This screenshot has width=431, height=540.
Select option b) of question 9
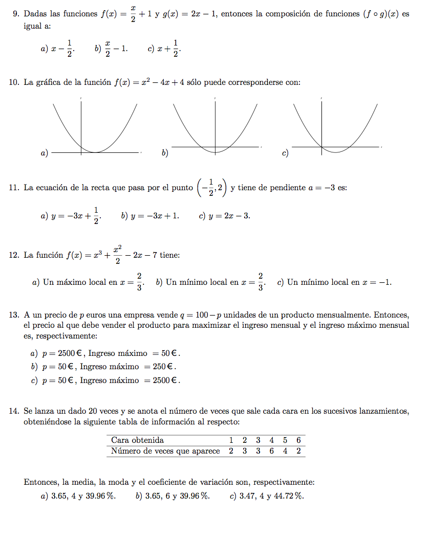click(x=112, y=49)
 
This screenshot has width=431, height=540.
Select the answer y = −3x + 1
click(x=150, y=216)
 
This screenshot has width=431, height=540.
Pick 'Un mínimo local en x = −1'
click(x=335, y=282)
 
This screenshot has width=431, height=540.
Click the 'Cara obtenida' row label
click(x=137, y=440)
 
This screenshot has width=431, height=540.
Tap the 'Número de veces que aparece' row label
click(x=165, y=451)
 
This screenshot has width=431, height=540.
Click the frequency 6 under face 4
click(x=271, y=451)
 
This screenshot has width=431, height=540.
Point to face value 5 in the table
click(x=285, y=440)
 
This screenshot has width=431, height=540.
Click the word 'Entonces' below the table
click(x=41, y=482)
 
